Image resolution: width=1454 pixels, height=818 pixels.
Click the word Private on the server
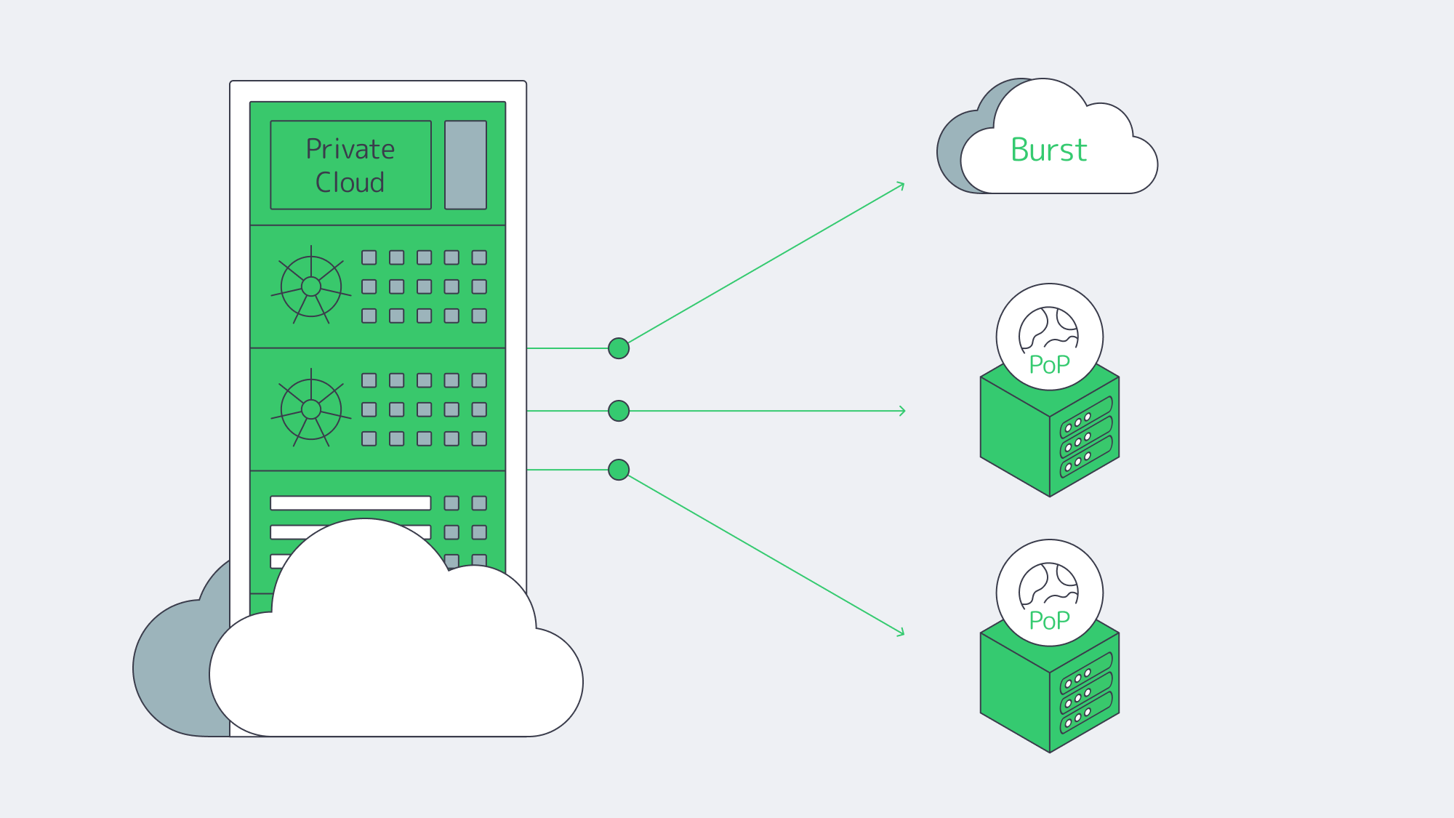pos(350,149)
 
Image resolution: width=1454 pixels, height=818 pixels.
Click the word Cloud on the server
pos(350,183)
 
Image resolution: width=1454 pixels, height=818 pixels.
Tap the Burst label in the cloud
pos(1048,151)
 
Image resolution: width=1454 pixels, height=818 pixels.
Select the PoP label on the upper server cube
pos(1049,364)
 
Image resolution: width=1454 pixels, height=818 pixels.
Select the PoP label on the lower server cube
pos(1049,620)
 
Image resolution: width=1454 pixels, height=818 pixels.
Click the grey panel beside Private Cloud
pos(465,165)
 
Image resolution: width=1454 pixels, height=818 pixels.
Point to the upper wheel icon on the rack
pos(311,286)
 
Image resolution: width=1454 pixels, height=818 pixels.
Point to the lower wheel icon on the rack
pos(311,409)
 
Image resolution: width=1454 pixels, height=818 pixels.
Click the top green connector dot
pos(619,348)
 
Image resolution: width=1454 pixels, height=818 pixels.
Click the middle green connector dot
pos(619,411)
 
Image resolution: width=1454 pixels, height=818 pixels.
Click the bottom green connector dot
pos(619,470)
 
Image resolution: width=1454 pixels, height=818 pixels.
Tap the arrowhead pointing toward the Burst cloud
pos(901,185)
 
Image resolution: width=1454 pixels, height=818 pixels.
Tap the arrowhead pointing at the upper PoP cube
pos(902,411)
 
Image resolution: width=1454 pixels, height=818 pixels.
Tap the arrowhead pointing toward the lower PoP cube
pos(901,633)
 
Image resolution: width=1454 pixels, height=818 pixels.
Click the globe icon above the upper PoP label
pos(1048,329)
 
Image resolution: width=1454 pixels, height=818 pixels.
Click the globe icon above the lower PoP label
pos(1048,585)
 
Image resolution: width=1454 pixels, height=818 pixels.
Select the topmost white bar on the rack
pos(350,503)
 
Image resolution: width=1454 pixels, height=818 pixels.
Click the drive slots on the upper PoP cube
pos(1085,436)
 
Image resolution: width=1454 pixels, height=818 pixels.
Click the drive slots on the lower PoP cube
pos(1085,692)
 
